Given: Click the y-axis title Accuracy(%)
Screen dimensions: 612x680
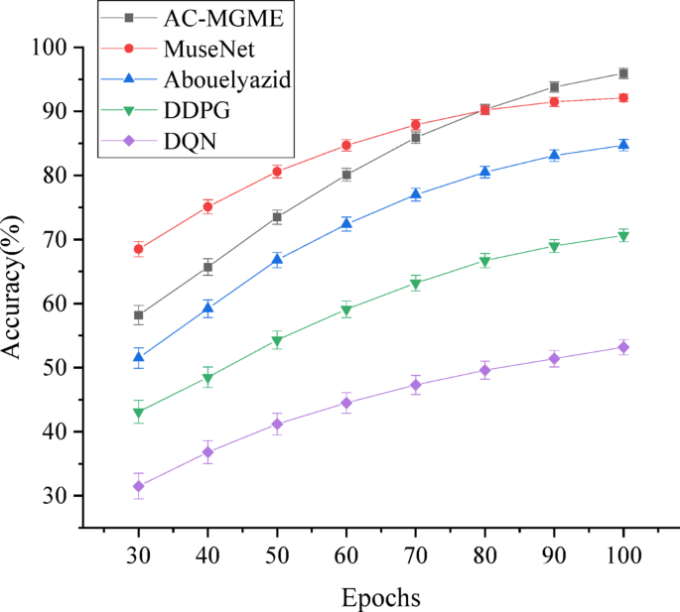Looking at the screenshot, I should (23, 287).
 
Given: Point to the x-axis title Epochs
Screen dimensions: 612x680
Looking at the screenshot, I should (380, 597).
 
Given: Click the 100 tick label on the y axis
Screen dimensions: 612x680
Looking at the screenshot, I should (49, 48).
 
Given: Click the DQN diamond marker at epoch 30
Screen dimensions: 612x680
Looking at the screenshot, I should (138, 486).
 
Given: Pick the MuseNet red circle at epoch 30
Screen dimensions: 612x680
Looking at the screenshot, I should (138, 249).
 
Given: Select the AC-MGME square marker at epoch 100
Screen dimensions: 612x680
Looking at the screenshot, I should (623, 73).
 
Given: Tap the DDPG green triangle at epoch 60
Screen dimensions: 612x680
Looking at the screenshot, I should (346, 310).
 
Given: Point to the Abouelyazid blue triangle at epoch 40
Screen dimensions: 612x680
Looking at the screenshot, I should (207, 308).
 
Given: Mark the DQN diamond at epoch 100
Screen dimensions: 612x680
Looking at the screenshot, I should (623, 347).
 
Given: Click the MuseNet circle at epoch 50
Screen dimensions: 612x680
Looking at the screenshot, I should (277, 172).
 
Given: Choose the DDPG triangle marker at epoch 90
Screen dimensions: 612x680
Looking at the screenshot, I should (554, 247).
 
